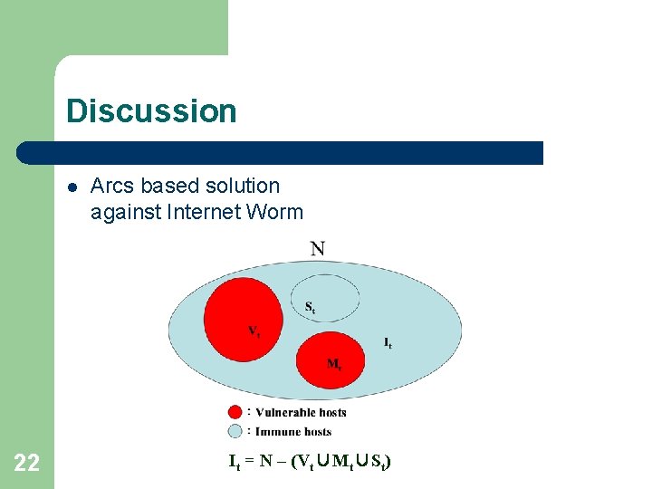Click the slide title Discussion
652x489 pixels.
coord(151,111)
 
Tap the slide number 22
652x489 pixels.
coord(27,464)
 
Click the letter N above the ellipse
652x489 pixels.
coord(318,248)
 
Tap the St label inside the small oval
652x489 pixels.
coord(310,307)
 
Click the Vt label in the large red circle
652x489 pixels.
coord(254,331)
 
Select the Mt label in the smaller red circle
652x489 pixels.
coord(334,364)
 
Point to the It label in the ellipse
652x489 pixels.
coord(388,342)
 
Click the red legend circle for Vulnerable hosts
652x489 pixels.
coord(235,412)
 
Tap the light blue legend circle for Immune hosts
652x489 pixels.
coord(235,431)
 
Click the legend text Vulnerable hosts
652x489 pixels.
coord(301,412)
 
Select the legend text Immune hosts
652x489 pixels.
coord(293,432)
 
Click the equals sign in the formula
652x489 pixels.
coord(249,461)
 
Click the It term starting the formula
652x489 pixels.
coord(234,462)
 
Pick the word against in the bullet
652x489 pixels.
coord(122,213)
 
